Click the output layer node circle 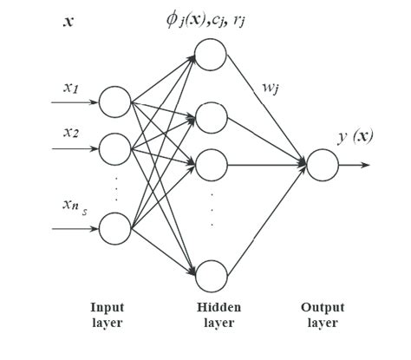coord(321,164)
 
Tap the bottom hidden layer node coord(211,273)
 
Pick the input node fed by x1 coord(115,102)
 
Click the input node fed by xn coord(115,229)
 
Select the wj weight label coord(271,88)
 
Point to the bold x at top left coord(68,18)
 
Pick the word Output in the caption coord(322,307)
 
